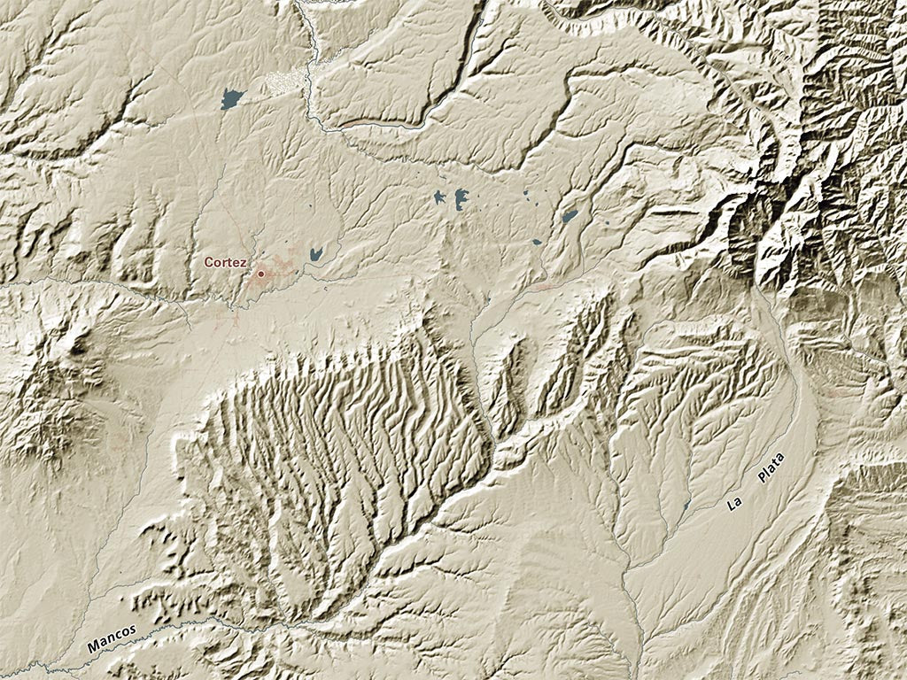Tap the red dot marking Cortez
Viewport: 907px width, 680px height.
point(261,274)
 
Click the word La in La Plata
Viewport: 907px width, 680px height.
point(733,504)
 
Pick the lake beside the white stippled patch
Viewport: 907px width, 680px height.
point(232,98)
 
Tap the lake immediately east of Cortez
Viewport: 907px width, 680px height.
point(315,253)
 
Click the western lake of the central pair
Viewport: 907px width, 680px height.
point(440,197)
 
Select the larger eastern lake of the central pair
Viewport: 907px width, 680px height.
point(461,199)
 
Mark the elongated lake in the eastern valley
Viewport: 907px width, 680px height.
point(570,216)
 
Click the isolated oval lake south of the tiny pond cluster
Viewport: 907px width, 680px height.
point(537,241)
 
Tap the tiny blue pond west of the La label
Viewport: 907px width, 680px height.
point(687,506)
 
